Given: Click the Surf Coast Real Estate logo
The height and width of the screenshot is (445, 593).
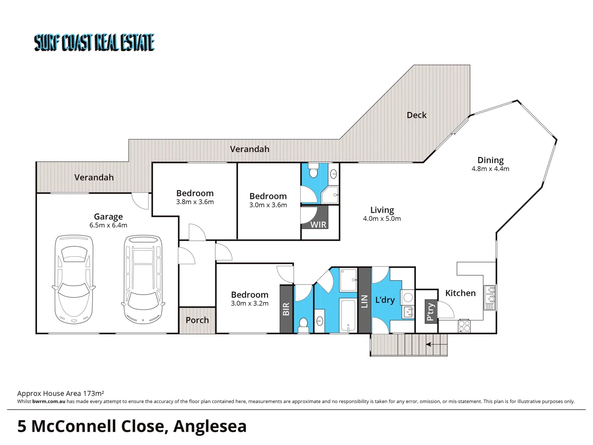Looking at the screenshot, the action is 94,42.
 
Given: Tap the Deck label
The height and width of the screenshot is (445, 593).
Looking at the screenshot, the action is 416,115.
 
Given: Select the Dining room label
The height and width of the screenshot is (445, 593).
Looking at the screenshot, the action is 490,160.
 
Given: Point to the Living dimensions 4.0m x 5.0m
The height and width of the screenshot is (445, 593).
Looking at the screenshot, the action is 382,219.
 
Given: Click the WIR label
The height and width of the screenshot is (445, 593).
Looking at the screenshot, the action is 318,225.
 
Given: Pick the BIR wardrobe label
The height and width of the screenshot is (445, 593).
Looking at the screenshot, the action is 286,309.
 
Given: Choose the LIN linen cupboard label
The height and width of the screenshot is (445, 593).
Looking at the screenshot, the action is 364,301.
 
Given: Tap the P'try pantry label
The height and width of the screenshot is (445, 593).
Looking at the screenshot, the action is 430,312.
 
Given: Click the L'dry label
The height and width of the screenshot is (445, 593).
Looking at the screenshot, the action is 385,300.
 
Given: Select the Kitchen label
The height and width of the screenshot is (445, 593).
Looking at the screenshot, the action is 460,293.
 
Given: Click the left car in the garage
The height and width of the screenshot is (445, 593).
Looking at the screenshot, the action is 74,279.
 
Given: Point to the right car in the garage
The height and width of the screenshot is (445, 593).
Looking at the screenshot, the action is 143,279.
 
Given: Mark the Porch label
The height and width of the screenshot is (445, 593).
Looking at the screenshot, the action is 197,320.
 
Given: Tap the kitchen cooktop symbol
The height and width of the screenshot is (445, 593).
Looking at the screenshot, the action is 464,326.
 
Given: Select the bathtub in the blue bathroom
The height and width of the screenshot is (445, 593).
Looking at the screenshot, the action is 348,316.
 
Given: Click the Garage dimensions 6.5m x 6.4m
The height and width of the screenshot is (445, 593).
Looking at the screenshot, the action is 108,225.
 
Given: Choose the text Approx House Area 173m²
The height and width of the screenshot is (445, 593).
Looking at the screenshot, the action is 61,393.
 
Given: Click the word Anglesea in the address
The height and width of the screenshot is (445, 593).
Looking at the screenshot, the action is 210,426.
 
